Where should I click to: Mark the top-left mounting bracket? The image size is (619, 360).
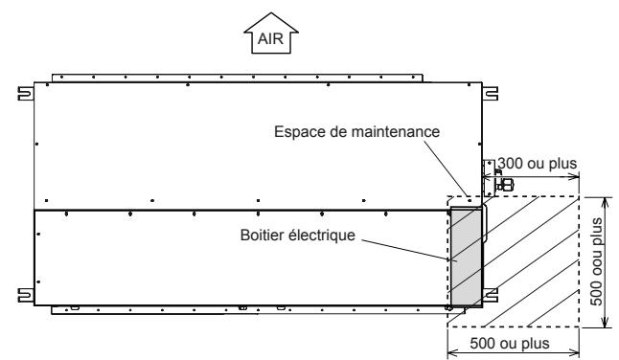[x=22, y=94]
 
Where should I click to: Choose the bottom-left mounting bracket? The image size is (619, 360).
[x=22, y=293]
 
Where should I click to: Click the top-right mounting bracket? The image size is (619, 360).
[x=493, y=94]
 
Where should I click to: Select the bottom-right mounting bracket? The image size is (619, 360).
[x=493, y=293]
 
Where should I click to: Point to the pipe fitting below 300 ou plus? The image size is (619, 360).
[x=504, y=183]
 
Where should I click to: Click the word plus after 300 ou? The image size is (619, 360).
[x=561, y=163]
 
